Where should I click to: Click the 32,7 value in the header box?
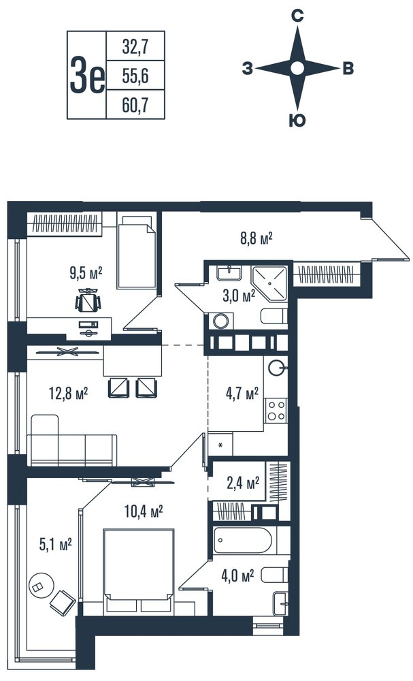135,46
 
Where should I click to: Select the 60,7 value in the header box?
135,105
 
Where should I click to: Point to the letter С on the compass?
297,16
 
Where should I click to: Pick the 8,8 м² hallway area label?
255,238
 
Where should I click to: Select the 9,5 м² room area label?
86,273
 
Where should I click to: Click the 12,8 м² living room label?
69,394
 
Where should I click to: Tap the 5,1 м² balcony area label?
55,544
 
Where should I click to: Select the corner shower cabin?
270,283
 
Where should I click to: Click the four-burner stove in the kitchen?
276,411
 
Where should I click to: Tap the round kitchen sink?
276,368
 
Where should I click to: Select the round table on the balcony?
41,585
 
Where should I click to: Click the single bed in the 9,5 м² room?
136,253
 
